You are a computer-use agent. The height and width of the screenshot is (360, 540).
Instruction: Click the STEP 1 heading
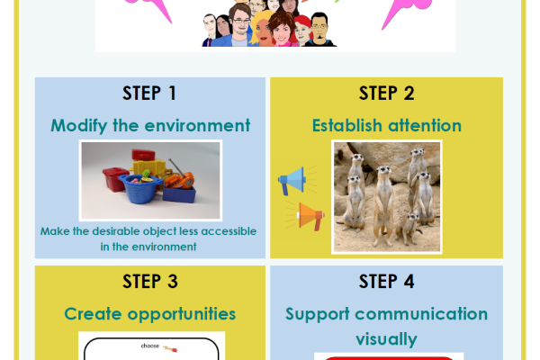[x=149, y=93]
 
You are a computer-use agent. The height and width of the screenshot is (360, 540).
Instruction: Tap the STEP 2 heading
[x=386, y=93]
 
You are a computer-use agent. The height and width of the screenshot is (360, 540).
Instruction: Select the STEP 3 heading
[x=149, y=282]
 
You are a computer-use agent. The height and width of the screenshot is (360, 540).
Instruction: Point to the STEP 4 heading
[x=386, y=282]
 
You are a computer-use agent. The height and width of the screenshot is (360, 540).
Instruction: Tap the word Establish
[x=346, y=125]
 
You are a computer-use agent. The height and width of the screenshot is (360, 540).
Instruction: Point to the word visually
[x=386, y=339]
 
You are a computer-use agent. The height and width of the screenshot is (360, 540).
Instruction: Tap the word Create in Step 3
[x=85, y=314]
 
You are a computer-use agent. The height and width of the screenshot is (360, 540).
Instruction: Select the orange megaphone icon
[x=307, y=216]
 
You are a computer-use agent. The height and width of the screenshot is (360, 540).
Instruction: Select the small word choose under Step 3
[x=149, y=345]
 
